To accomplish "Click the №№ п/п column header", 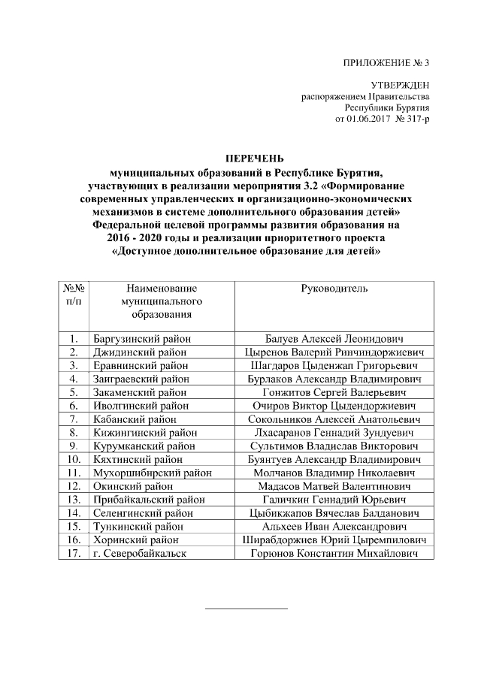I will (74, 294).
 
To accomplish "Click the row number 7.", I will (74, 419).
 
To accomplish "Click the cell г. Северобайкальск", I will (139, 554).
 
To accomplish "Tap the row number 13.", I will (74, 500).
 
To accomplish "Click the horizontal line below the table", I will (247, 607).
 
